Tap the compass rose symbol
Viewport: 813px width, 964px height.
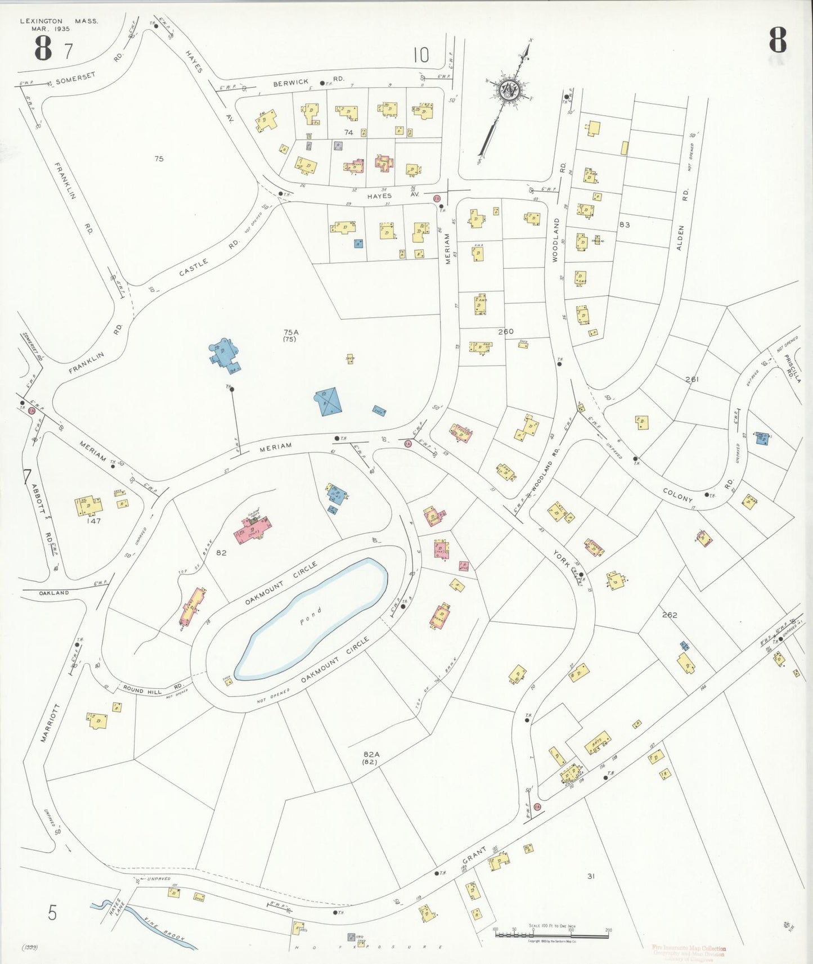point(509,89)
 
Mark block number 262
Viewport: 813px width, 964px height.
point(669,615)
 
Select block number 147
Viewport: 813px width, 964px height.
point(93,521)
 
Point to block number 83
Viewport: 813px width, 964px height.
point(624,224)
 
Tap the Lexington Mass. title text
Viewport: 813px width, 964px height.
point(59,21)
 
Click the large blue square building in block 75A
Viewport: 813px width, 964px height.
point(327,402)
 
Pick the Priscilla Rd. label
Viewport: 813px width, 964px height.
point(794,368)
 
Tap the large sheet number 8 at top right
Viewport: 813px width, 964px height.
point(778,40)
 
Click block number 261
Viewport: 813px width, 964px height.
point(692,380)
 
